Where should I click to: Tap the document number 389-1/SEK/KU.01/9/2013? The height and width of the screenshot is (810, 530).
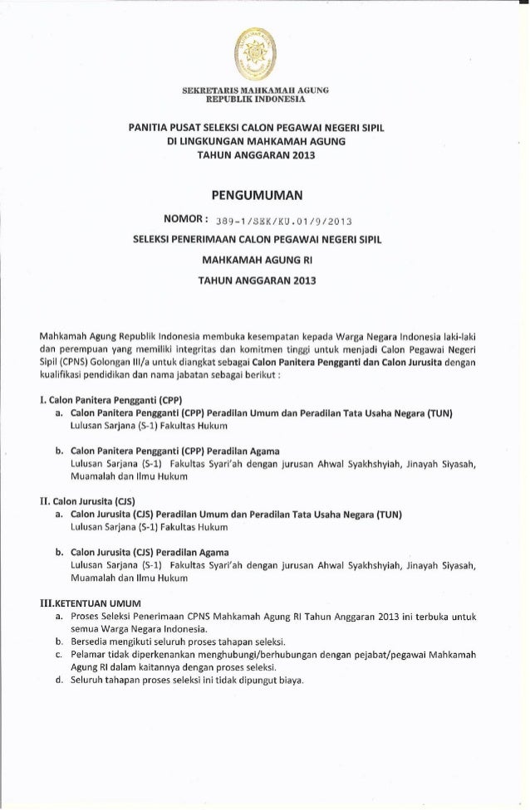[282, 221]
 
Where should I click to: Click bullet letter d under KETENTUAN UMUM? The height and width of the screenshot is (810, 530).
[59, 682]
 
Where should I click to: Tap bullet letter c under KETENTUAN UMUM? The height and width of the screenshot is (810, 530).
[59, 656]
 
